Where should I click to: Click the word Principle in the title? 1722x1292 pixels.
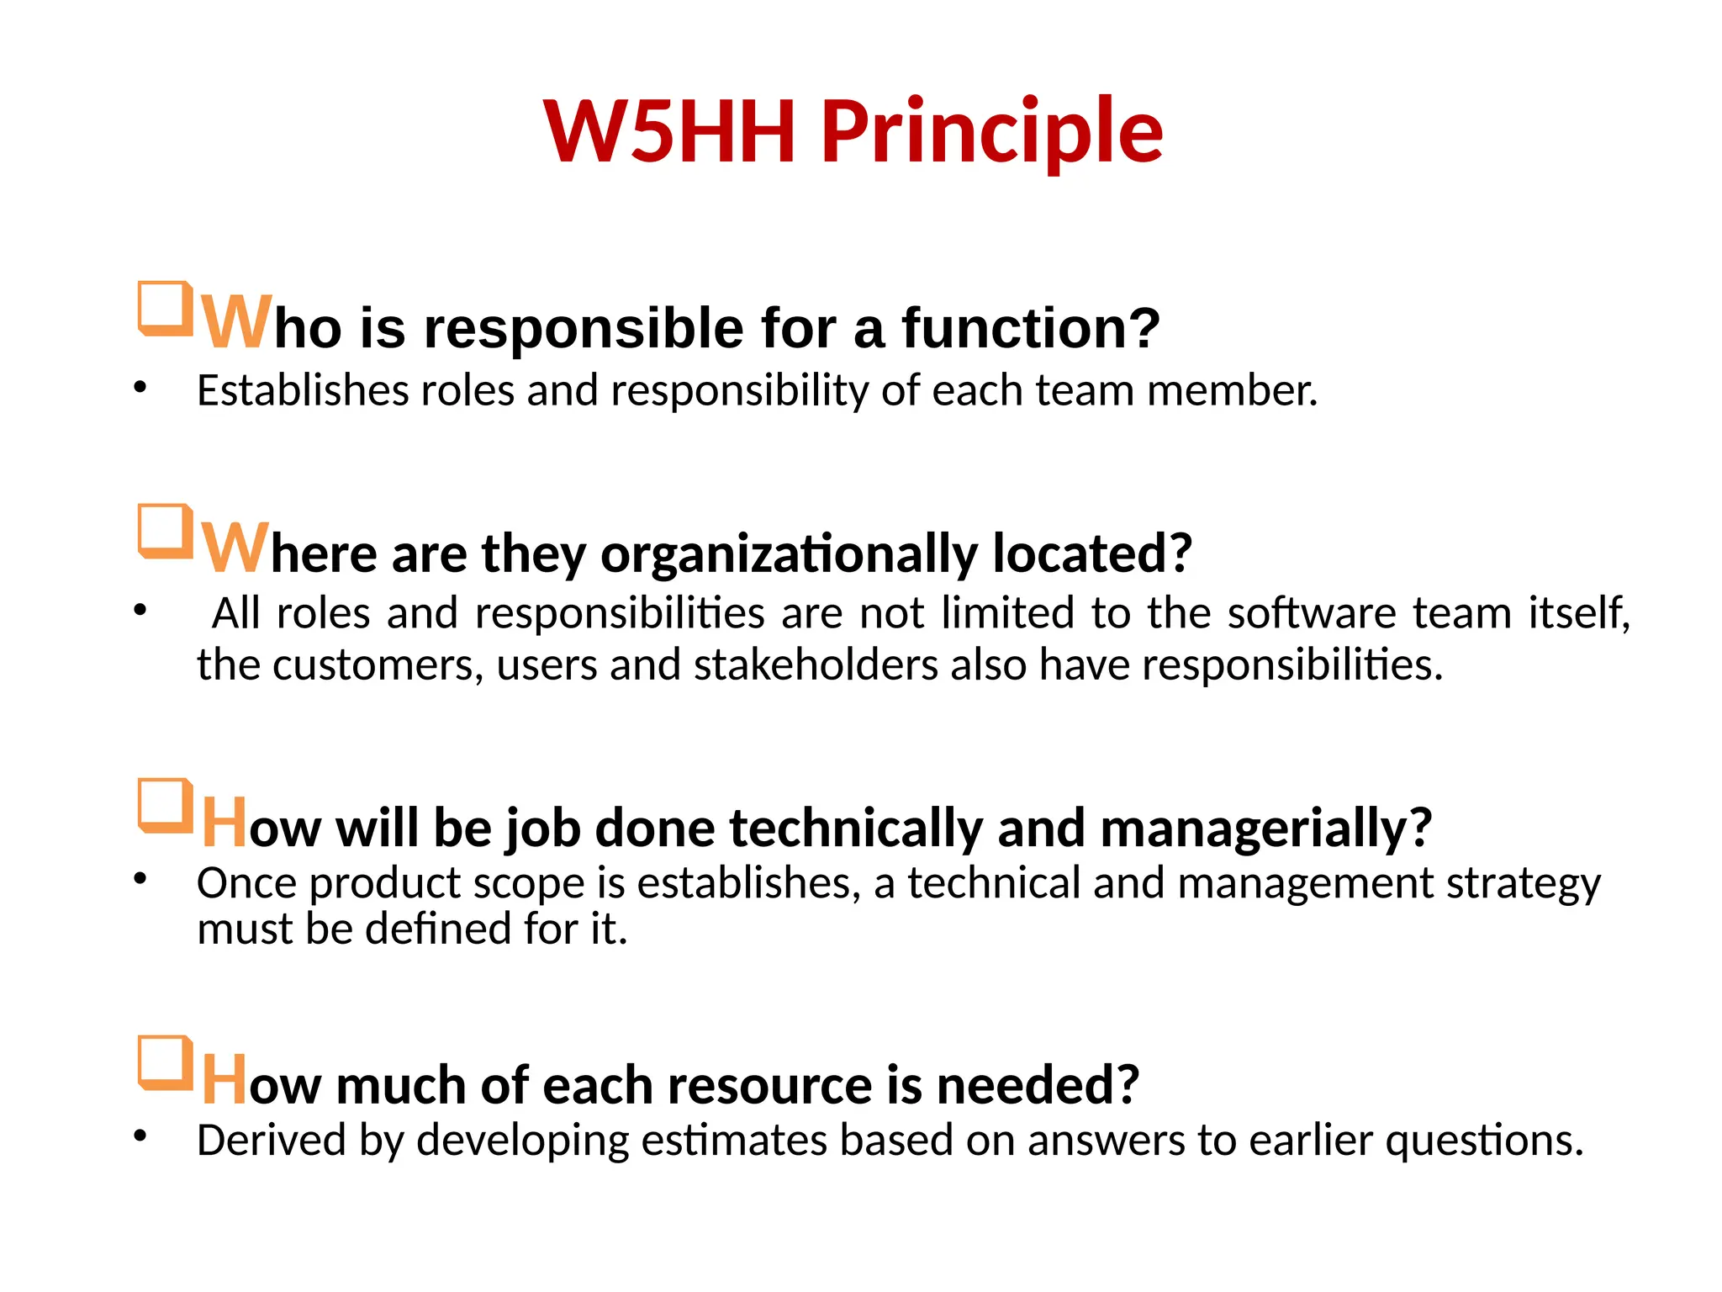992,132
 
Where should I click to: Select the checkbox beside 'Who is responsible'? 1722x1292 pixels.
165,309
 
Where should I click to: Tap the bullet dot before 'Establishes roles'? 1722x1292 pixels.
140,388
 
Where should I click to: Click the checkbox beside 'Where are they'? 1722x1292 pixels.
165,531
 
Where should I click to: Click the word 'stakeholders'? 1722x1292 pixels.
815,665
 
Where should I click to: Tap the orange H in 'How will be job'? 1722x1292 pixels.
224,823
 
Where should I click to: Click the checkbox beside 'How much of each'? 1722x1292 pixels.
165,1063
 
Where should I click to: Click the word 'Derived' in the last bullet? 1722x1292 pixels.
272,1141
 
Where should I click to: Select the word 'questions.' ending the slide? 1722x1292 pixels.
1484,1141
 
